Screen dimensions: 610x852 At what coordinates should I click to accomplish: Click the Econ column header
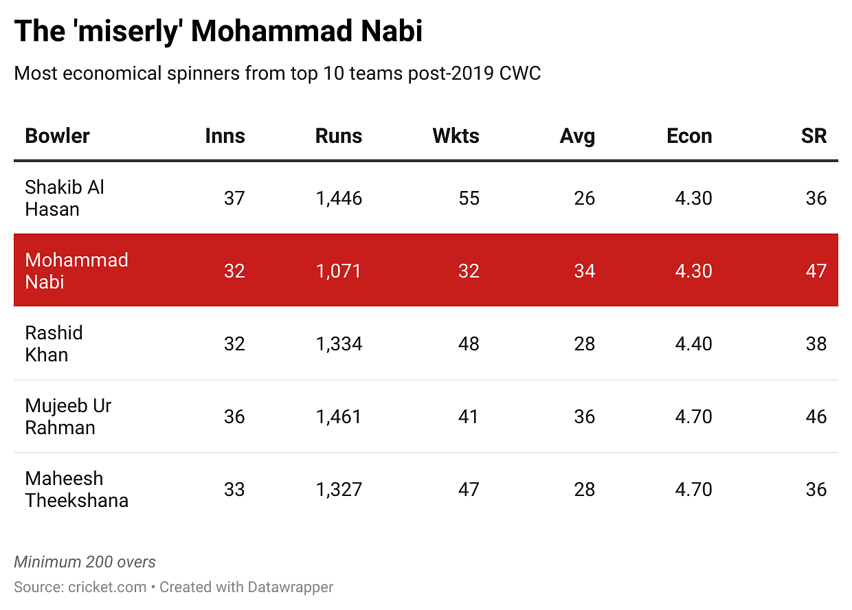pyautogui.click(x=689, y=136)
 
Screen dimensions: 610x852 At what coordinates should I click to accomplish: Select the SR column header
pyautogui.click(x=814, y=136)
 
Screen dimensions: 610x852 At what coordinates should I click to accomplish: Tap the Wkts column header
pyautogui.click(x=456, y=136)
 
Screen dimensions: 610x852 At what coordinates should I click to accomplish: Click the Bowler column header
pyautogui.click(x=57, y=136)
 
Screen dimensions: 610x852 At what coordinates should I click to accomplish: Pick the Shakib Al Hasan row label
pyautogui.click(x=65, y=198)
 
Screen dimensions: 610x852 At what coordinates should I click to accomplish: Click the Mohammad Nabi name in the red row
pyautogui.click(x=76, y=271)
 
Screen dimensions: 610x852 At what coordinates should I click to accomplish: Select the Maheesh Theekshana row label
pyautogui.click(x=76, y=489)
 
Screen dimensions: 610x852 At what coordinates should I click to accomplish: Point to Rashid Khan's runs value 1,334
pyautogui.click(x=339, y=343)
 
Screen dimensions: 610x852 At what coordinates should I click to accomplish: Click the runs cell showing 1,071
pyautogui.click(x=339, y=271)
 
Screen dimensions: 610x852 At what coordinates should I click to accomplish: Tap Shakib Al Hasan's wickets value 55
pyautogui.click(x=469, y=198)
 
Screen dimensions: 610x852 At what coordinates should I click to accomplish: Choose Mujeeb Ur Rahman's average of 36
pyautogui.click(x=584, y=416)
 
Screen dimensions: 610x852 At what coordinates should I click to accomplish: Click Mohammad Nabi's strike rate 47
pyautogui.click(x=816, y=271)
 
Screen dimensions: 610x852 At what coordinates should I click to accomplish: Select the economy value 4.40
pyautogui.click(x=693, y=343)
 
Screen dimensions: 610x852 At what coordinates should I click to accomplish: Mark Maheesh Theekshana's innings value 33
pyautogui.click(x=234, y=489)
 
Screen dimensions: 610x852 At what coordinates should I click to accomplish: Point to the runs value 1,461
pyautogui.click(x=339, y=416)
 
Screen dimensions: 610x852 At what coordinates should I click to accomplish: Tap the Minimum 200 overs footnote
pyautogui.click(x=85, y=562)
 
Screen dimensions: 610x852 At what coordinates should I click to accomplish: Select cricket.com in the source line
pyautogui.click(x=107, y=587)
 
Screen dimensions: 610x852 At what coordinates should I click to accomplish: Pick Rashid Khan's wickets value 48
pyautogui.click(x=469, y=343)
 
